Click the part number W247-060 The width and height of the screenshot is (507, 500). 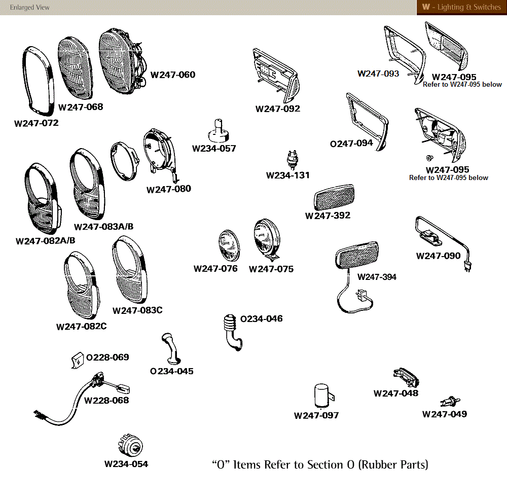[173, 75]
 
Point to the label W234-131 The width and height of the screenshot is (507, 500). [288, 175]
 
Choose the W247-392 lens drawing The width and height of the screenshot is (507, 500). [335, 199]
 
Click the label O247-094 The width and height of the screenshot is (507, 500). [351, 144]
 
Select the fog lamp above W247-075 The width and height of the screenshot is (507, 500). [266, 238]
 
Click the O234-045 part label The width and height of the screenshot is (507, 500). [172, 371]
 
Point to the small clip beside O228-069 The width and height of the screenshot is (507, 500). [77, 360]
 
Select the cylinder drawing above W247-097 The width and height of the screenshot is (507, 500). [321, 396]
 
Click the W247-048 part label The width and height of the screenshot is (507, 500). [396, 394]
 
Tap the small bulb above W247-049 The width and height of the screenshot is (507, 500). [448, 401]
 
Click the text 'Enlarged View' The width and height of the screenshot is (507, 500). [30, 8]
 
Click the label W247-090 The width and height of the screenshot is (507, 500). [439, 256]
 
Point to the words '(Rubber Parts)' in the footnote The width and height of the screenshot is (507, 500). [393, 465]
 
